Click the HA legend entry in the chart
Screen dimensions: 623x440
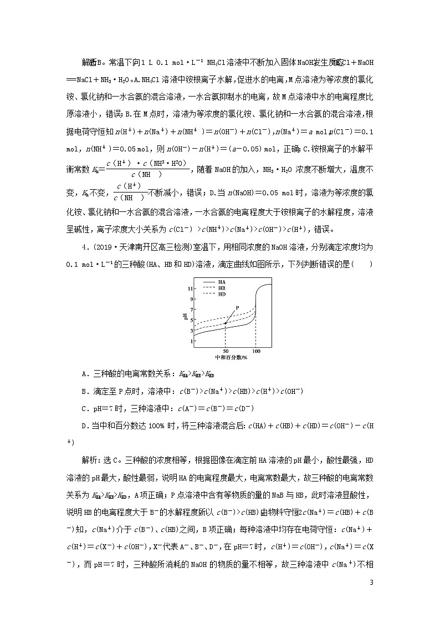point(221,282)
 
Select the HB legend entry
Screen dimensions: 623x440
point(221,288)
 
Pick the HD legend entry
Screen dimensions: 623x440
point(221,295)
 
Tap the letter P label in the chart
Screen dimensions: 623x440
point(237,307)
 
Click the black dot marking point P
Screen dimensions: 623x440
point(226,323)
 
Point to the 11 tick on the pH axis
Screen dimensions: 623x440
point(190,289)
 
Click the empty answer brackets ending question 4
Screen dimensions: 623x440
point(363,264)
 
